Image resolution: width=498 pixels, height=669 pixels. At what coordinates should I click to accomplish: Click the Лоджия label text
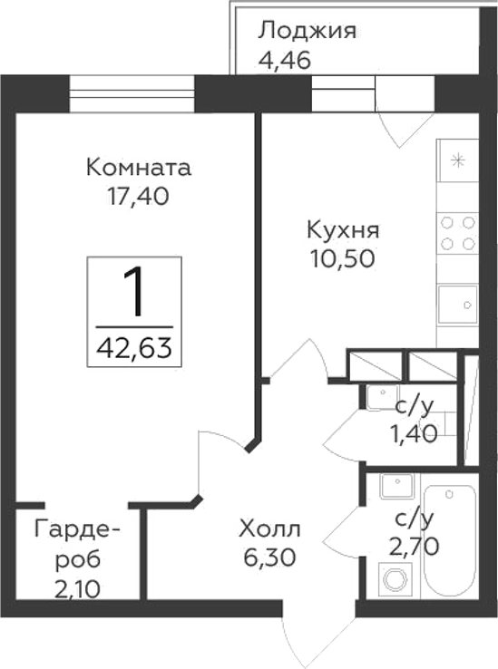(308, 31)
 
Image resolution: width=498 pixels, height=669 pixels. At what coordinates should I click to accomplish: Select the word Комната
(139, 168)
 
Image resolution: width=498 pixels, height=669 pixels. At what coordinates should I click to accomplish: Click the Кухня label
(342, 229)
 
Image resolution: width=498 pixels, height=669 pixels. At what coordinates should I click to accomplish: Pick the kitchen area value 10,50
(341, 257)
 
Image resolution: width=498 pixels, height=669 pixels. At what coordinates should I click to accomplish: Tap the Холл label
(269, 528)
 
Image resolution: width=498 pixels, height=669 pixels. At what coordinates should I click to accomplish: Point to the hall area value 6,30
(269, 554)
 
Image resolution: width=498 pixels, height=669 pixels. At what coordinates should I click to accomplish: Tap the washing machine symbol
(395, 577)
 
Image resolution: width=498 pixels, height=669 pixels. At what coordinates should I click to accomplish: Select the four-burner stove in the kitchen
(457, 232)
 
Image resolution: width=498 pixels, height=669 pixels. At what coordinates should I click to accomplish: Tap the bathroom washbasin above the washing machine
(395, 489)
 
